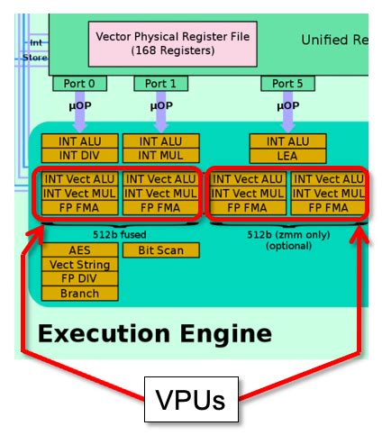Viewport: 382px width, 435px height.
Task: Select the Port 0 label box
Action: coord(79,84)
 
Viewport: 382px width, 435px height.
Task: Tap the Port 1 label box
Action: coord(160,84)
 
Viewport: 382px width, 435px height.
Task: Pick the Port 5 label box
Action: coord(288,84)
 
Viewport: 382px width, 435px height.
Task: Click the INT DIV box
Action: coord(79,155)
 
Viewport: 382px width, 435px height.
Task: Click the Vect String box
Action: coord(79,265)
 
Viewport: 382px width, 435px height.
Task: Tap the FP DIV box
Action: coord(79,279)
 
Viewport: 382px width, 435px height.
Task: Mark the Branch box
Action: coord(79,294)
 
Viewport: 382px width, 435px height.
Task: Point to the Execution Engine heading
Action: coord(154,334)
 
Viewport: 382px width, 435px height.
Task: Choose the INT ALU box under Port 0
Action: coord(79,140)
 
